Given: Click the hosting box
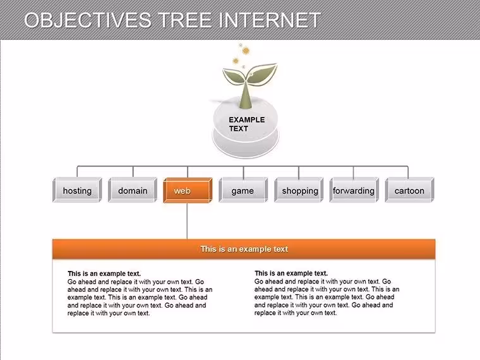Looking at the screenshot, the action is [77, 190].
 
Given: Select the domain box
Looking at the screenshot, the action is [133, 190].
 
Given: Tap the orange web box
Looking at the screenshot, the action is [188, 190].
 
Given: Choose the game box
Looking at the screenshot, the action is [243, 190].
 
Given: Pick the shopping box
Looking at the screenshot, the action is [299, 190].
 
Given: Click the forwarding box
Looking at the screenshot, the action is [354, 190].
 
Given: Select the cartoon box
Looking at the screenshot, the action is [410, 190].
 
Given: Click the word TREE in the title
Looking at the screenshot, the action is [185, 20].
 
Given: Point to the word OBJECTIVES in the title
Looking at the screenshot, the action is [88, 20].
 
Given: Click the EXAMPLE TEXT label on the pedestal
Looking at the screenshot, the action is [247, 124].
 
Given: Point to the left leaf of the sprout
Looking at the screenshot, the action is [234, 76].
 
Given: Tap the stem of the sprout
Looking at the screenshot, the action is [245, 94].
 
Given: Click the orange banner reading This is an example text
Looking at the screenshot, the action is [244, 249].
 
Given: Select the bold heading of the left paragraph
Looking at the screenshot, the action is [104, 273].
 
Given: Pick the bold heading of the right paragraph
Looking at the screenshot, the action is [291, 273].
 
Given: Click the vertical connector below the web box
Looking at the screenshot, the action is [187, 221].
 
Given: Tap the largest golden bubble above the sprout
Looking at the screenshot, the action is [246, 51].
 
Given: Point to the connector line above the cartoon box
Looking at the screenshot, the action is [408, 172].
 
